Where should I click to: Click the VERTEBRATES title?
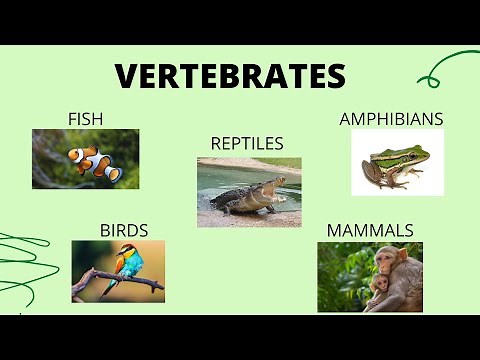[230, 76]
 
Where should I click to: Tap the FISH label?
[85, 119]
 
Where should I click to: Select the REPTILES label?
[247, 144]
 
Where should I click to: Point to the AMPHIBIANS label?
[391, 119]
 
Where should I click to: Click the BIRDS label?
[124, 230]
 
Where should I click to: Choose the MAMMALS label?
[370, 230]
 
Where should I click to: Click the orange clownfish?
[95, 161]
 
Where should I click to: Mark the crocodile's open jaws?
[280, 186]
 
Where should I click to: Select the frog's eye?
[381, 155]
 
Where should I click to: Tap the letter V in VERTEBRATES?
[127, 76]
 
